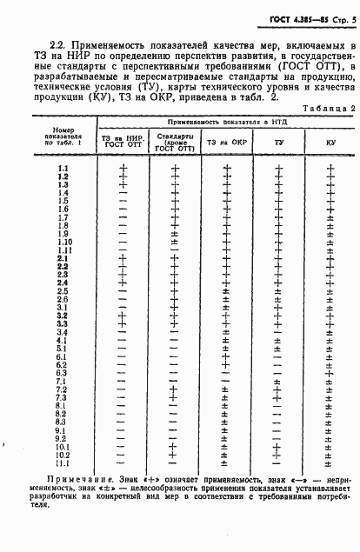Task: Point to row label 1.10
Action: point(63,242)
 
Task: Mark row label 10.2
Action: point(63,455)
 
